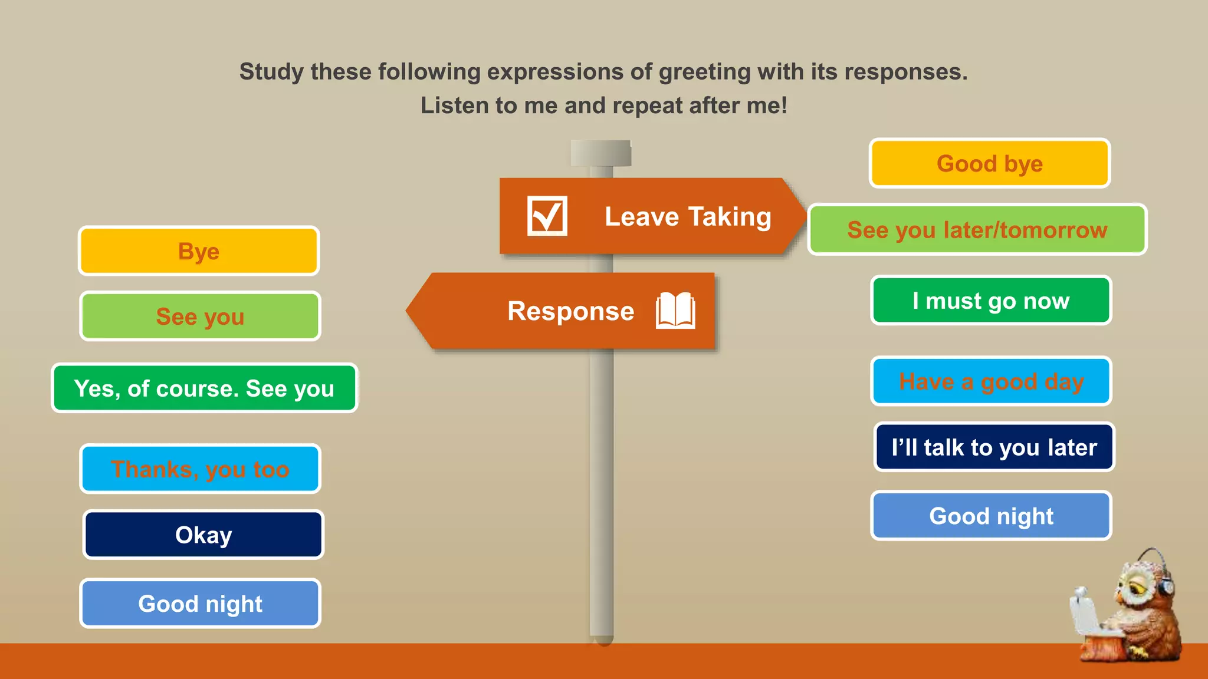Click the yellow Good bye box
point(989,163)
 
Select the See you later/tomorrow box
point(977,229)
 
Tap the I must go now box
point(990,301)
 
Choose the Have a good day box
point(990,381)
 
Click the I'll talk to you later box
point(993,447)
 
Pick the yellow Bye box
point(199,251)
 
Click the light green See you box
point(200,317)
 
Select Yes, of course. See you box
point(204,388)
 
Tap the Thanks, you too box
point(200,469)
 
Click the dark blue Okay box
point(203,535)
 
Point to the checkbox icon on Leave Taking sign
point(547,216)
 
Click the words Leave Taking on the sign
point(688,216)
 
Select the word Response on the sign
point(570,311)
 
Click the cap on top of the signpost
point(600,153)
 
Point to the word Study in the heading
point(271,72)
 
